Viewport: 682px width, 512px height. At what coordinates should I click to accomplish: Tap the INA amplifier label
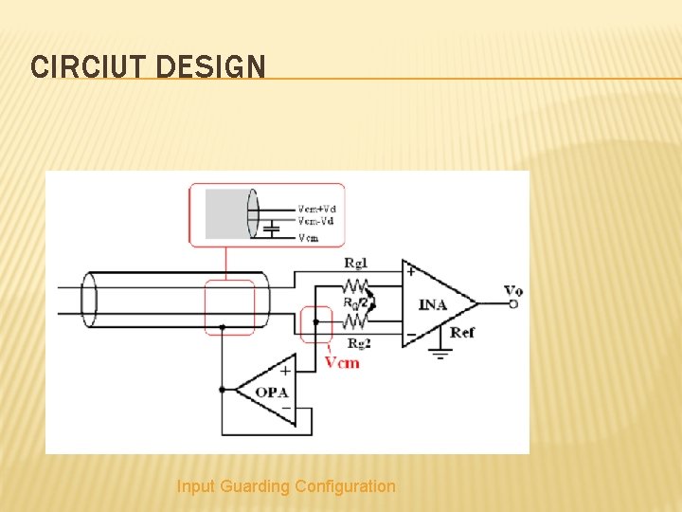[433, 304]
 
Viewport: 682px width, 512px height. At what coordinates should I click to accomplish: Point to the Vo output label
[512, 290]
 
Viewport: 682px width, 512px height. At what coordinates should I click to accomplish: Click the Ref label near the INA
[462, 332]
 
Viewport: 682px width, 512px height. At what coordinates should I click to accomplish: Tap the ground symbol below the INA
[440, 352]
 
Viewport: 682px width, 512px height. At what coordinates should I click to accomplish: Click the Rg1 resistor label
[355, 263]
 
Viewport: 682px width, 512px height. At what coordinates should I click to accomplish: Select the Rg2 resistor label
[358, 343]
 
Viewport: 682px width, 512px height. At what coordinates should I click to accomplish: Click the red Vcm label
[341, 362]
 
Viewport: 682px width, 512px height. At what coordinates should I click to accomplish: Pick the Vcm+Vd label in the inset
[317, 210]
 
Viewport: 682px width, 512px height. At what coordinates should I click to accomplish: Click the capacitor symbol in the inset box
[272, 228]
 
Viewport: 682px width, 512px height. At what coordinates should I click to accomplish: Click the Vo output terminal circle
[513, 303]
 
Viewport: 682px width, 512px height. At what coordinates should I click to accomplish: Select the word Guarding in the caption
[255, 486]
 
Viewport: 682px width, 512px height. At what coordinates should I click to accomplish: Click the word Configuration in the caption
[345, 486]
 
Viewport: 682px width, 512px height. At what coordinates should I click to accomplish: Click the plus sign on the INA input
[410, 270]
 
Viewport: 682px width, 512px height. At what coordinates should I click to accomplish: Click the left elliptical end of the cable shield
[90, 300]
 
